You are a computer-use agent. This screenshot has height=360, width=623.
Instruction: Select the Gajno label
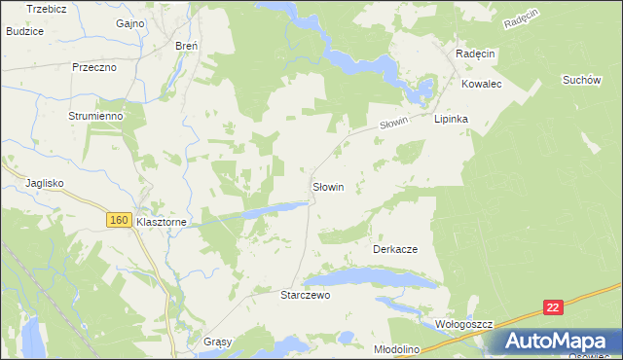pyautogui.click(x=129, y=22)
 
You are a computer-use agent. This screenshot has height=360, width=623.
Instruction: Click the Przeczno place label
pyautogui.click(x=94, y=67)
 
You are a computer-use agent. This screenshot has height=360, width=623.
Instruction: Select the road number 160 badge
pyautogui.click(x=119, y=221)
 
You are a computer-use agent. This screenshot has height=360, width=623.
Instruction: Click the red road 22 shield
pyautogui.click(x=553, y=307)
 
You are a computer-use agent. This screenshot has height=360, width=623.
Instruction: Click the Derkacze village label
pyautogui.click(x=395, y=249)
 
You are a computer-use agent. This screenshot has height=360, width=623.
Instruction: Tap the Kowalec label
pyautogui.click(x=481, y=85)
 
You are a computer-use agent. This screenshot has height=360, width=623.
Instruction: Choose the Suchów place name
pyautogui.click(x=581, y=80)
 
